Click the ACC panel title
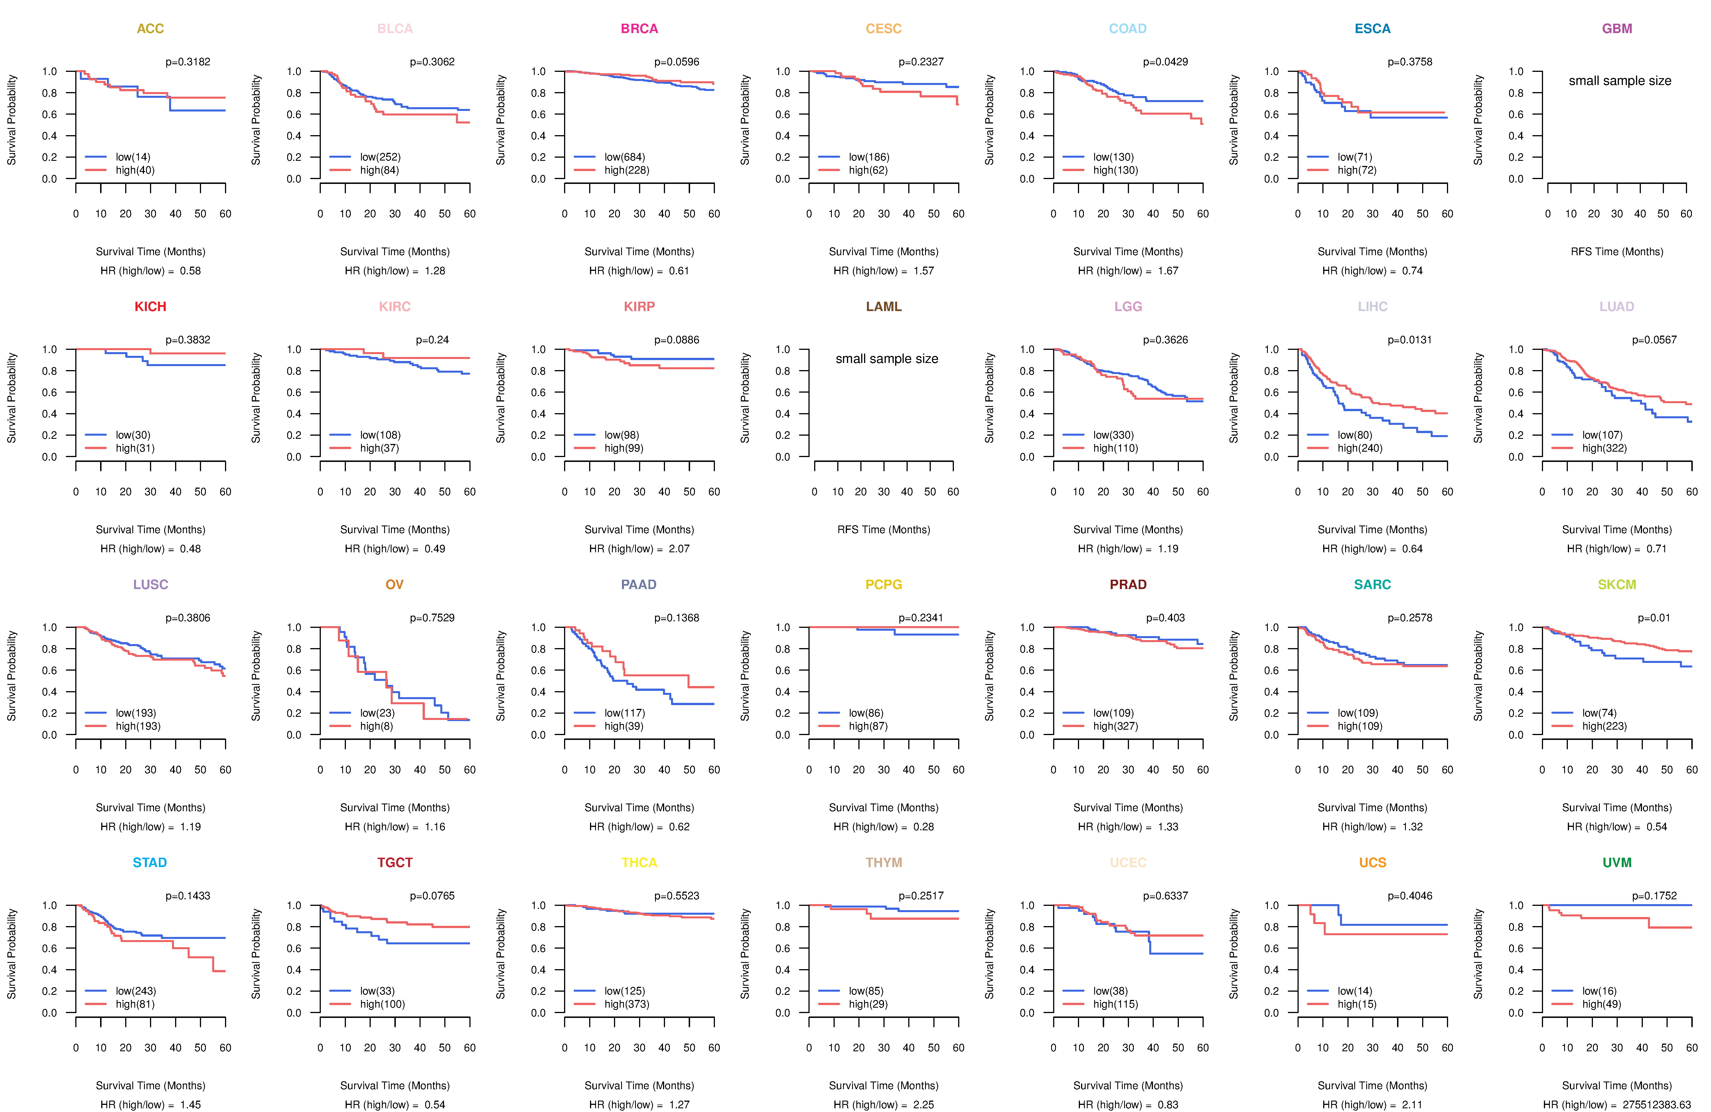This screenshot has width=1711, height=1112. click(150, 29)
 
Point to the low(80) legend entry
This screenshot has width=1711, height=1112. click(1355, 435)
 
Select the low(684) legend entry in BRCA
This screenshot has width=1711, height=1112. click(624, 157)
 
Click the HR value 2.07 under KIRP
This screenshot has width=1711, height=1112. click(679, 549)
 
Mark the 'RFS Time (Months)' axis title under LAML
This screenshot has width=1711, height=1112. click(883, 530)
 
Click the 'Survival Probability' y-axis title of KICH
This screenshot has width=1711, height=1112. click(11, 397)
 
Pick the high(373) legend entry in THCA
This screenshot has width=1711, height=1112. click(626, 1004)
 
